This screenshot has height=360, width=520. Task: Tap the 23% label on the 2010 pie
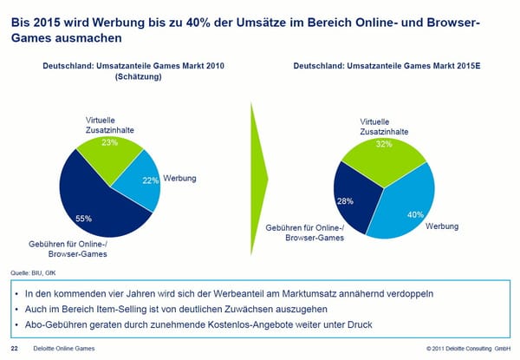[x=109, y=143]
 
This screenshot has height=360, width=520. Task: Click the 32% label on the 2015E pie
[x=385, y=145]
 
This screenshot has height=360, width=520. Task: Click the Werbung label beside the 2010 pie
[x=180, y=179]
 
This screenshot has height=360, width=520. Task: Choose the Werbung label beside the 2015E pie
[x=441, y=226]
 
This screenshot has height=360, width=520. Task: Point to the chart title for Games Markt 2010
[x=120, y=70]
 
